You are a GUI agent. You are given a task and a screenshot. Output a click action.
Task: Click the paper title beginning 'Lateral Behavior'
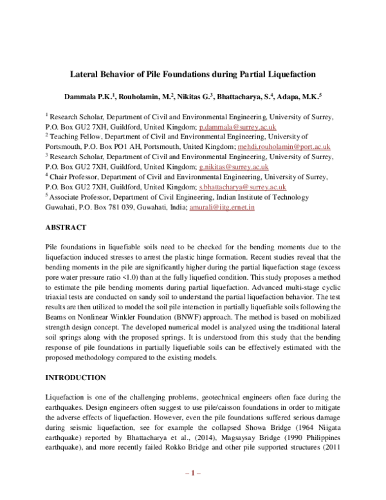pyautogui.click(x=193, y=74)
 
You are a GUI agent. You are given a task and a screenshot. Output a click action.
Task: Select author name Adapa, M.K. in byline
pyautogui.click(x=299, y=97)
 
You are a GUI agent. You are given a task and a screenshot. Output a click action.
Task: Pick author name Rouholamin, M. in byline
pyautogui.click(x=145, y=97)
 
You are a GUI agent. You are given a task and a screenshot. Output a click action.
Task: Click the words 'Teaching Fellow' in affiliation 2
pyautogui.click(x=73, y=137)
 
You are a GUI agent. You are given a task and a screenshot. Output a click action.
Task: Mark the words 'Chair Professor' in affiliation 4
pyautogui.click(x=73, y=177)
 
